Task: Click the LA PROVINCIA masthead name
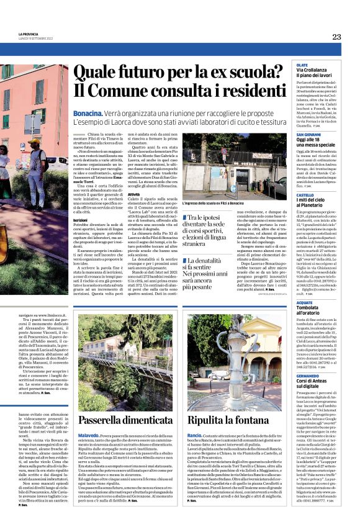[29, 34]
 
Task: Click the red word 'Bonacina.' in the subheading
[89, 114]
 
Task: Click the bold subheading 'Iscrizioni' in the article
[80, 220]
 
